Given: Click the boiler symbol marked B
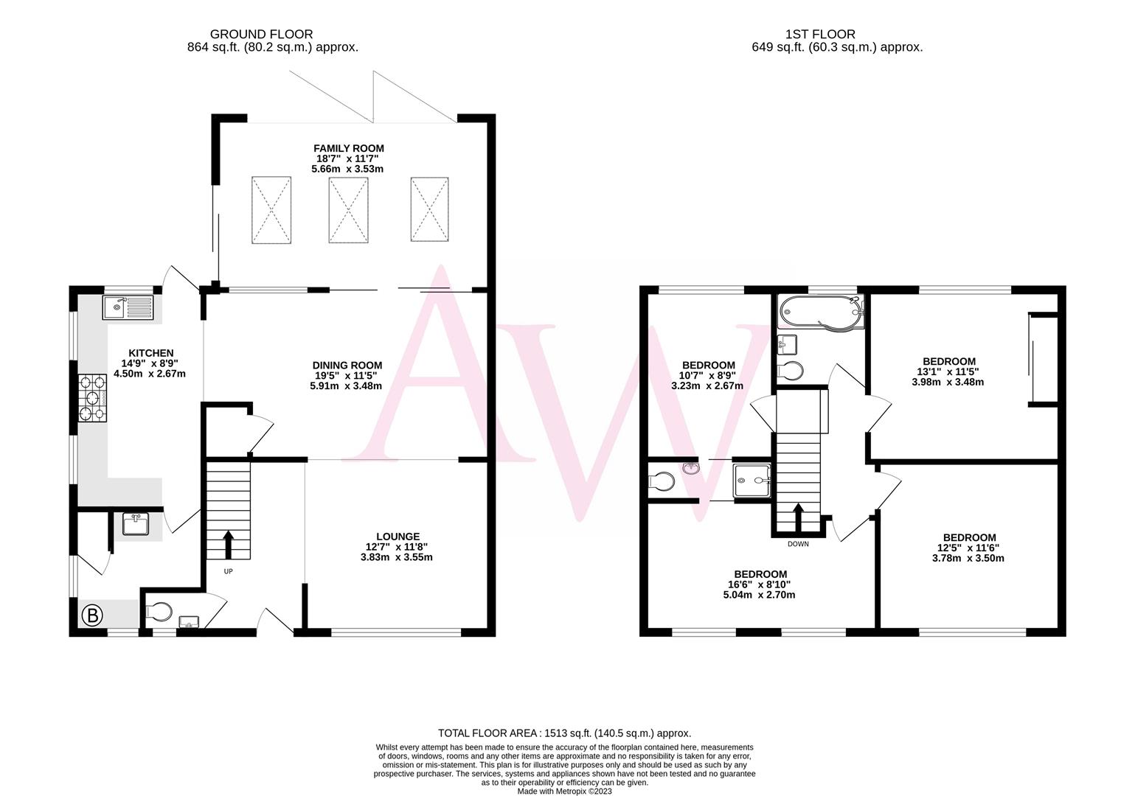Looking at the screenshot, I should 92,615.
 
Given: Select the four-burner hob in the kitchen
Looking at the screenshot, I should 92,398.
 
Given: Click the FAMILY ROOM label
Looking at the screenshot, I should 348,148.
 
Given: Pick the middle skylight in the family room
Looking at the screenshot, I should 348,209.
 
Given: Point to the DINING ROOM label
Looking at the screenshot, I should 347,365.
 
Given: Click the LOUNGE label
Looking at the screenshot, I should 398,537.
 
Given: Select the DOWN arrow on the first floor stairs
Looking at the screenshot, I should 797,517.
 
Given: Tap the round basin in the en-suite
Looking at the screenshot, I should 691,467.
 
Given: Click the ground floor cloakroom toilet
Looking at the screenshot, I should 159,611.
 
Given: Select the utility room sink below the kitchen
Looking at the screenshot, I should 136,525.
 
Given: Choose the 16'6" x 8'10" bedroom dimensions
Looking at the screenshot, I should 760,584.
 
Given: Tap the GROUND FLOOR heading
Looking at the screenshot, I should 261,34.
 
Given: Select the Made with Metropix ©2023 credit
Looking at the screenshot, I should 564,791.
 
